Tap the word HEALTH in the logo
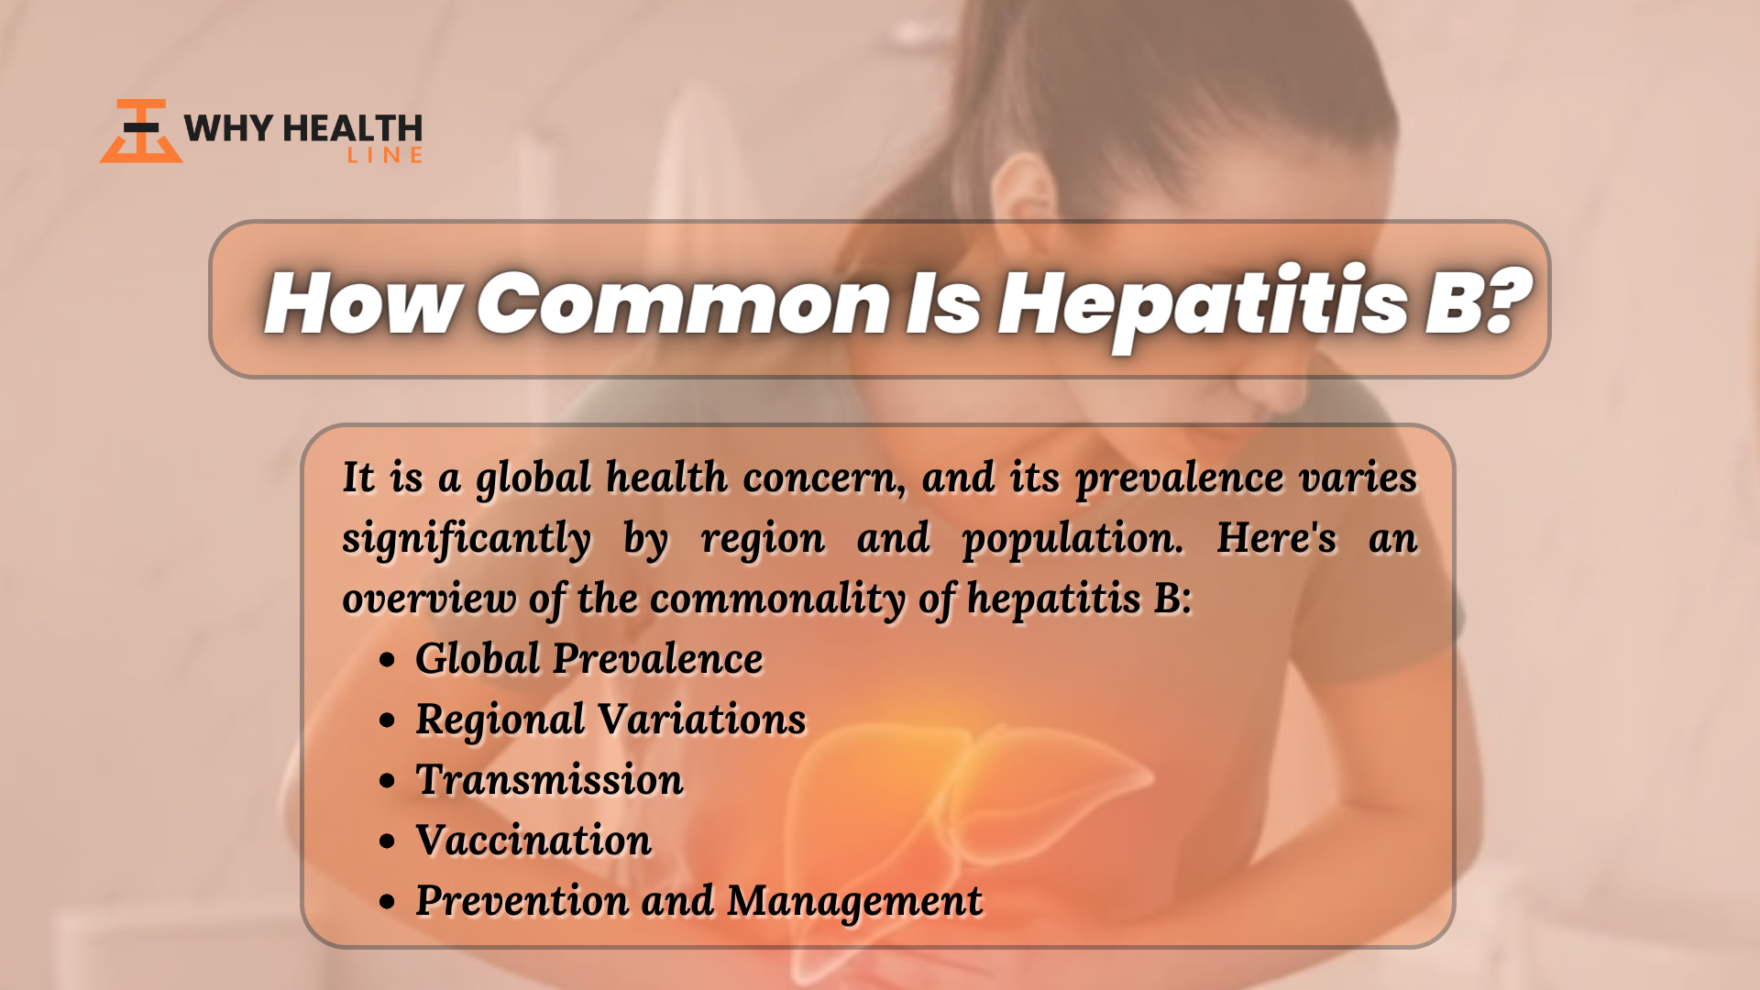tap(353, 128)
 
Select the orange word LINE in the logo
tap(385, 156)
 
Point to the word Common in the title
tap(684, 303)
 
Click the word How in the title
tap(363, 302)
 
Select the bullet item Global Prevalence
tap(588, 658)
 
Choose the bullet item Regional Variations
tap(610, 720)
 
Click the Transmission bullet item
tap(549, 780)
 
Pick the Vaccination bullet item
tap(533, 841)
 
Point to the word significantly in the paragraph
tap(467, 540)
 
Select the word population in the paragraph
tap(1072, 540)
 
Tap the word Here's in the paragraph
tap(1276, 537)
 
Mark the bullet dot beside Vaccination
tap(387, 841)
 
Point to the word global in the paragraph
tap(533, 479)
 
